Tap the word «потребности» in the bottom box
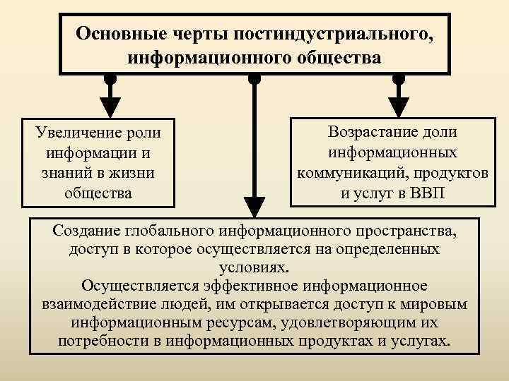point(100,341)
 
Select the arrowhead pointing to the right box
point(398,106)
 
